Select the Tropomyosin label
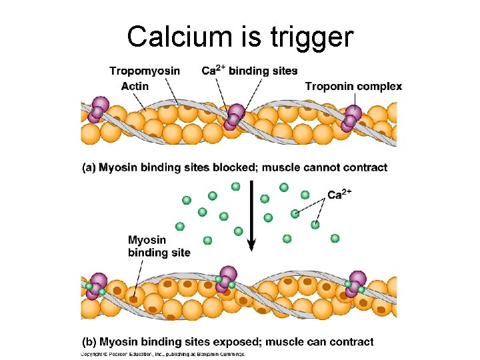pyautogui.click(x=144, y=71)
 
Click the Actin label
pyautogui.click(x=135, y=87)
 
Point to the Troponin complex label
pyautogui.click(x=353, y=86)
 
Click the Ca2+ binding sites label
pyautogui.click(x=249, y=71)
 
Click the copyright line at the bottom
pyautogui.click(x=163, y=354)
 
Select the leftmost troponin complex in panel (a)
pyautogui.click(x=97, y=111)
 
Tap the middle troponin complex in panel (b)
pyautogui.click(x=225, y=280)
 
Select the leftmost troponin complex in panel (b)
pyautogui.click(x=96, y=286)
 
